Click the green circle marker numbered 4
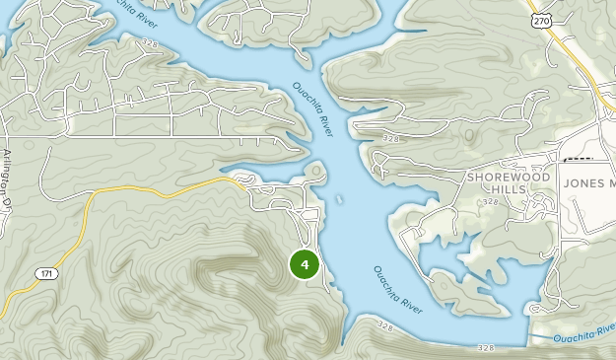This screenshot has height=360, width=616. point(305,264)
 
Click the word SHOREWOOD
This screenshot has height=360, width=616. point(502,176)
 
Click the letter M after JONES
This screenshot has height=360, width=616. point(611,183)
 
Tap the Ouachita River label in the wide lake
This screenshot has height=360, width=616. point(398,290)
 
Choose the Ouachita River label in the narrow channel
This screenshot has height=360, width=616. point(312,109)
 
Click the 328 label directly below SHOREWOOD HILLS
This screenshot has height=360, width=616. point(491,201)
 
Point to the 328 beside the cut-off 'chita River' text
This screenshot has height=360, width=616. point(148,43)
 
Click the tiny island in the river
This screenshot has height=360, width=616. point(338,199)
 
